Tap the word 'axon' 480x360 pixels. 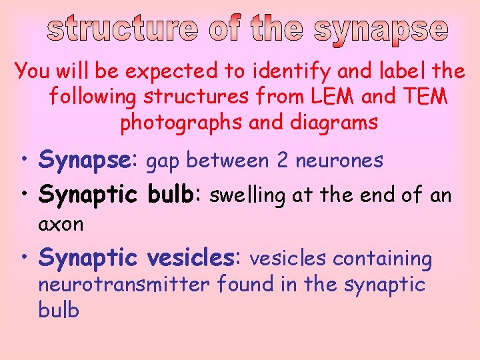point(61,224)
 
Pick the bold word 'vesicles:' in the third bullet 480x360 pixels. point(194,258)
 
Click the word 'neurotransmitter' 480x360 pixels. point(123,285)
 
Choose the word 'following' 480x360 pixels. point(92,97)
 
